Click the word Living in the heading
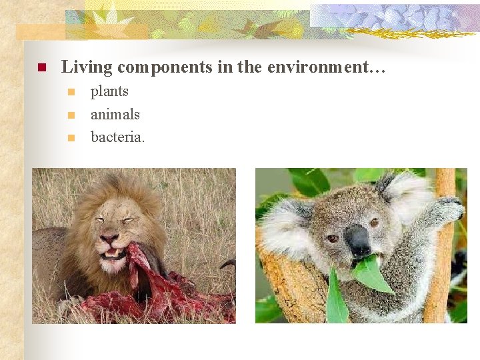click(x=85, y=67)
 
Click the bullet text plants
click(x=109, y=91)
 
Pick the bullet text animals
click(x=115, y=115)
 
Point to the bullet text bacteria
click(x=117, y=137)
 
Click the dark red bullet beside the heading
click(x=40, y=67)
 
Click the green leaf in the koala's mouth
click(x=371, y=273)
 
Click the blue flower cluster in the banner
click(x=393, y=17)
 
